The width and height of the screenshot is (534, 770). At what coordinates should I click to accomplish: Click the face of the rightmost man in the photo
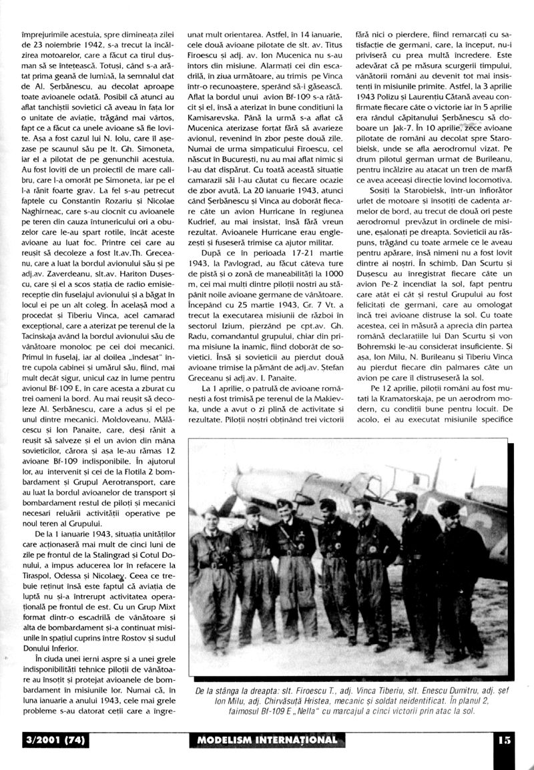click(x=449, y=512)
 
